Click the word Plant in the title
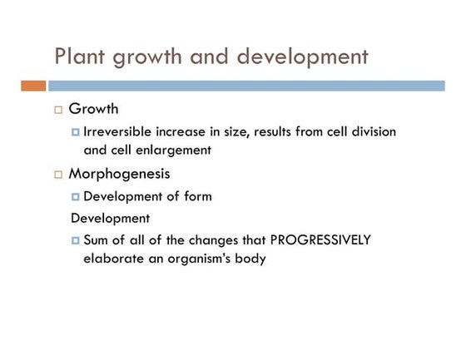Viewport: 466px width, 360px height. [82, 57]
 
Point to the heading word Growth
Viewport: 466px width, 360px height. [93, 109]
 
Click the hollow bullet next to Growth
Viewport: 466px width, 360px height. [58, 110]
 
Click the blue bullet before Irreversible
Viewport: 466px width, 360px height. [76, 132]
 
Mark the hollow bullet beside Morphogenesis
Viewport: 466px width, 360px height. [58, 175]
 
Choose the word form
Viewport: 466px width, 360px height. [196, 196]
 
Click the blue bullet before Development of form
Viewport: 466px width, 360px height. [76, 197]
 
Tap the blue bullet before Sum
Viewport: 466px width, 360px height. [76, 240]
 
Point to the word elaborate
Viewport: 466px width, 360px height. [116, 259]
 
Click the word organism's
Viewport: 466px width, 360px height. [206, 259]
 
